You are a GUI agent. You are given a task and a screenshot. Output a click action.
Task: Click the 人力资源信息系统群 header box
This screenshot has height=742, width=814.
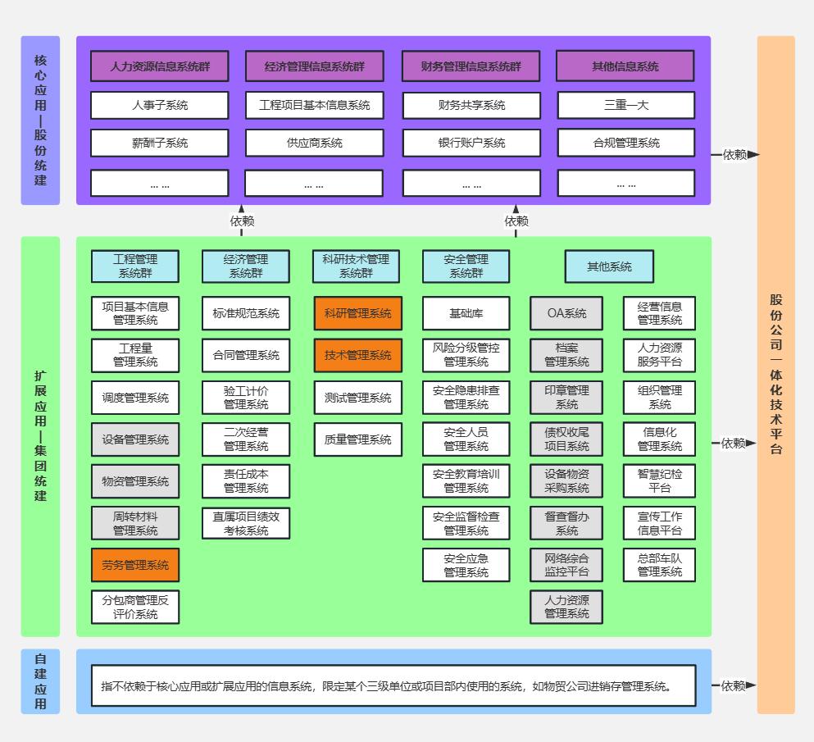(159, 66)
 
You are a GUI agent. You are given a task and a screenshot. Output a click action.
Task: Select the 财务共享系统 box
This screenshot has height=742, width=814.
(471, 106)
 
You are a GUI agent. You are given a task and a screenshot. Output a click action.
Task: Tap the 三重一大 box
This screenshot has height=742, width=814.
(626, 106)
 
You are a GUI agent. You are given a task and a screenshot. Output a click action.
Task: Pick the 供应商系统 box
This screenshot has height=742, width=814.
(314, 143)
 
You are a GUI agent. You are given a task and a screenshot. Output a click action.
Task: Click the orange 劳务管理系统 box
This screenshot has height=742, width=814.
(135, 565)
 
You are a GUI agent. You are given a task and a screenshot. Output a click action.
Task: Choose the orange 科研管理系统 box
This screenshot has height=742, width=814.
(357, 313)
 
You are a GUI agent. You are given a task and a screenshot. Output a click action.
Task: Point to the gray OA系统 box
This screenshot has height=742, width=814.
(566, 313)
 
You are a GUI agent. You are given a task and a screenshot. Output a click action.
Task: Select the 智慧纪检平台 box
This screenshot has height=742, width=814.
(659, 480)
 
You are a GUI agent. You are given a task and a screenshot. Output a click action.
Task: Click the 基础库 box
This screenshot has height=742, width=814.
(466, 313)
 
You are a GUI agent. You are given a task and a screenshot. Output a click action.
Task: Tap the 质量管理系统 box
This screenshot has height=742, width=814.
(357, 439)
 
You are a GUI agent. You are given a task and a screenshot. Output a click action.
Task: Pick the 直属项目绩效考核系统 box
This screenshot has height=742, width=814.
(246, 523)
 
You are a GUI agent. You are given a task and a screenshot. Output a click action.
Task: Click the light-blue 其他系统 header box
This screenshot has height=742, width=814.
(609, 266)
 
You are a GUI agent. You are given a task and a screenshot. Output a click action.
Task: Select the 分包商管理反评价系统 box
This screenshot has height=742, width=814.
(135, 607)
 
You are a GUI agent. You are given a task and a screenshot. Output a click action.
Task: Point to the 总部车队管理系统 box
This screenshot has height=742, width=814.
(659, 565)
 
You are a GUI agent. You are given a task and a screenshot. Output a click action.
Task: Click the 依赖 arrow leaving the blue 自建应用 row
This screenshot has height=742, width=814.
(734, 685)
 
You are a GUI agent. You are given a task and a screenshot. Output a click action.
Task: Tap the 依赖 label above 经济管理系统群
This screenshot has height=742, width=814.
(242, 221)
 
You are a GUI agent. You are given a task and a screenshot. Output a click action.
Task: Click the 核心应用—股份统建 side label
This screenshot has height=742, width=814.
(40, 121)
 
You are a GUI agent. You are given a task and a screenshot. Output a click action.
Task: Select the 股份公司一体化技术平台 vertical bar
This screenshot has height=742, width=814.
(776, 375)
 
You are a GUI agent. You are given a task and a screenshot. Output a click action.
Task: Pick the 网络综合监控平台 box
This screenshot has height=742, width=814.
(566, 565)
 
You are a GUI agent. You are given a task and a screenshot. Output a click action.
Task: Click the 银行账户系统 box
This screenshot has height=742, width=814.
(471, 143)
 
